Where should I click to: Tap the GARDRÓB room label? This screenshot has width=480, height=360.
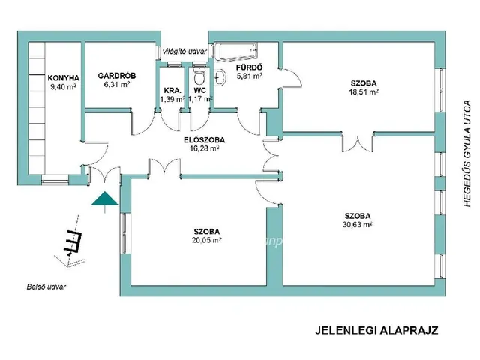point(116,75)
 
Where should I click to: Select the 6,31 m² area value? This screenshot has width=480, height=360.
point(116,85)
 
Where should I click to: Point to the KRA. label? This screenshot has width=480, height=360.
point(172,90)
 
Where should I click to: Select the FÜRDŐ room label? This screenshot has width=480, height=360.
point(249,66)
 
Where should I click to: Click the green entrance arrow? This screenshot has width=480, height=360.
point(103,199)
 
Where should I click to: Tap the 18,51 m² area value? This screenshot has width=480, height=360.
point(363,91)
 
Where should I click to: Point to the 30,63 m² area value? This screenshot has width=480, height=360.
point(358,223)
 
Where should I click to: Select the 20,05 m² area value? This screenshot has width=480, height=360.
point(207,240)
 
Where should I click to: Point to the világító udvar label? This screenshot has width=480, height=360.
point(184,50)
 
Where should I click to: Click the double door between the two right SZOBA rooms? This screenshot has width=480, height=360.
point(362,141)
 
